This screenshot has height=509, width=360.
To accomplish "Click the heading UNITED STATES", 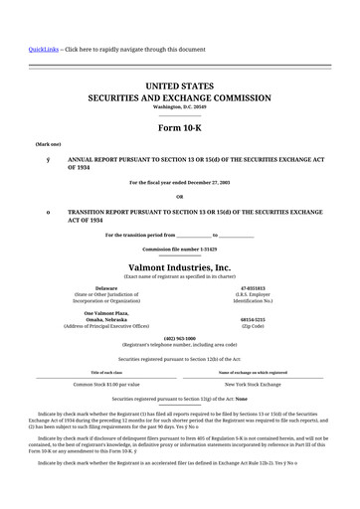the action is click(x=179, y=87).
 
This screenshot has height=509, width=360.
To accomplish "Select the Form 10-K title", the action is click(x=179, y=128).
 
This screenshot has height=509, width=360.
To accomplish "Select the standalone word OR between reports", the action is click(x=179, y=195).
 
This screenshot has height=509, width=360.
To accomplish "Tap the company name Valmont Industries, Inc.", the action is click(x=179, y=267).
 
